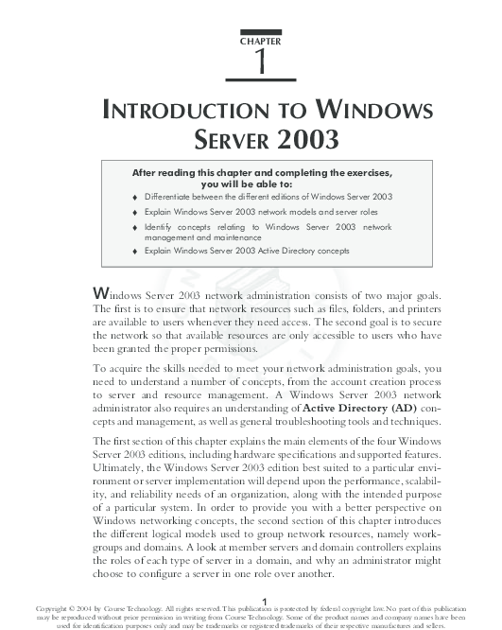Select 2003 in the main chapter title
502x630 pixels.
(x=306, y=141)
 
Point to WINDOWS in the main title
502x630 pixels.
(x=378, y=111)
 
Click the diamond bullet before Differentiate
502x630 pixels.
(x=136, y=197)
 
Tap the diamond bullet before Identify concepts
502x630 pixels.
(x=136, y=228)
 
